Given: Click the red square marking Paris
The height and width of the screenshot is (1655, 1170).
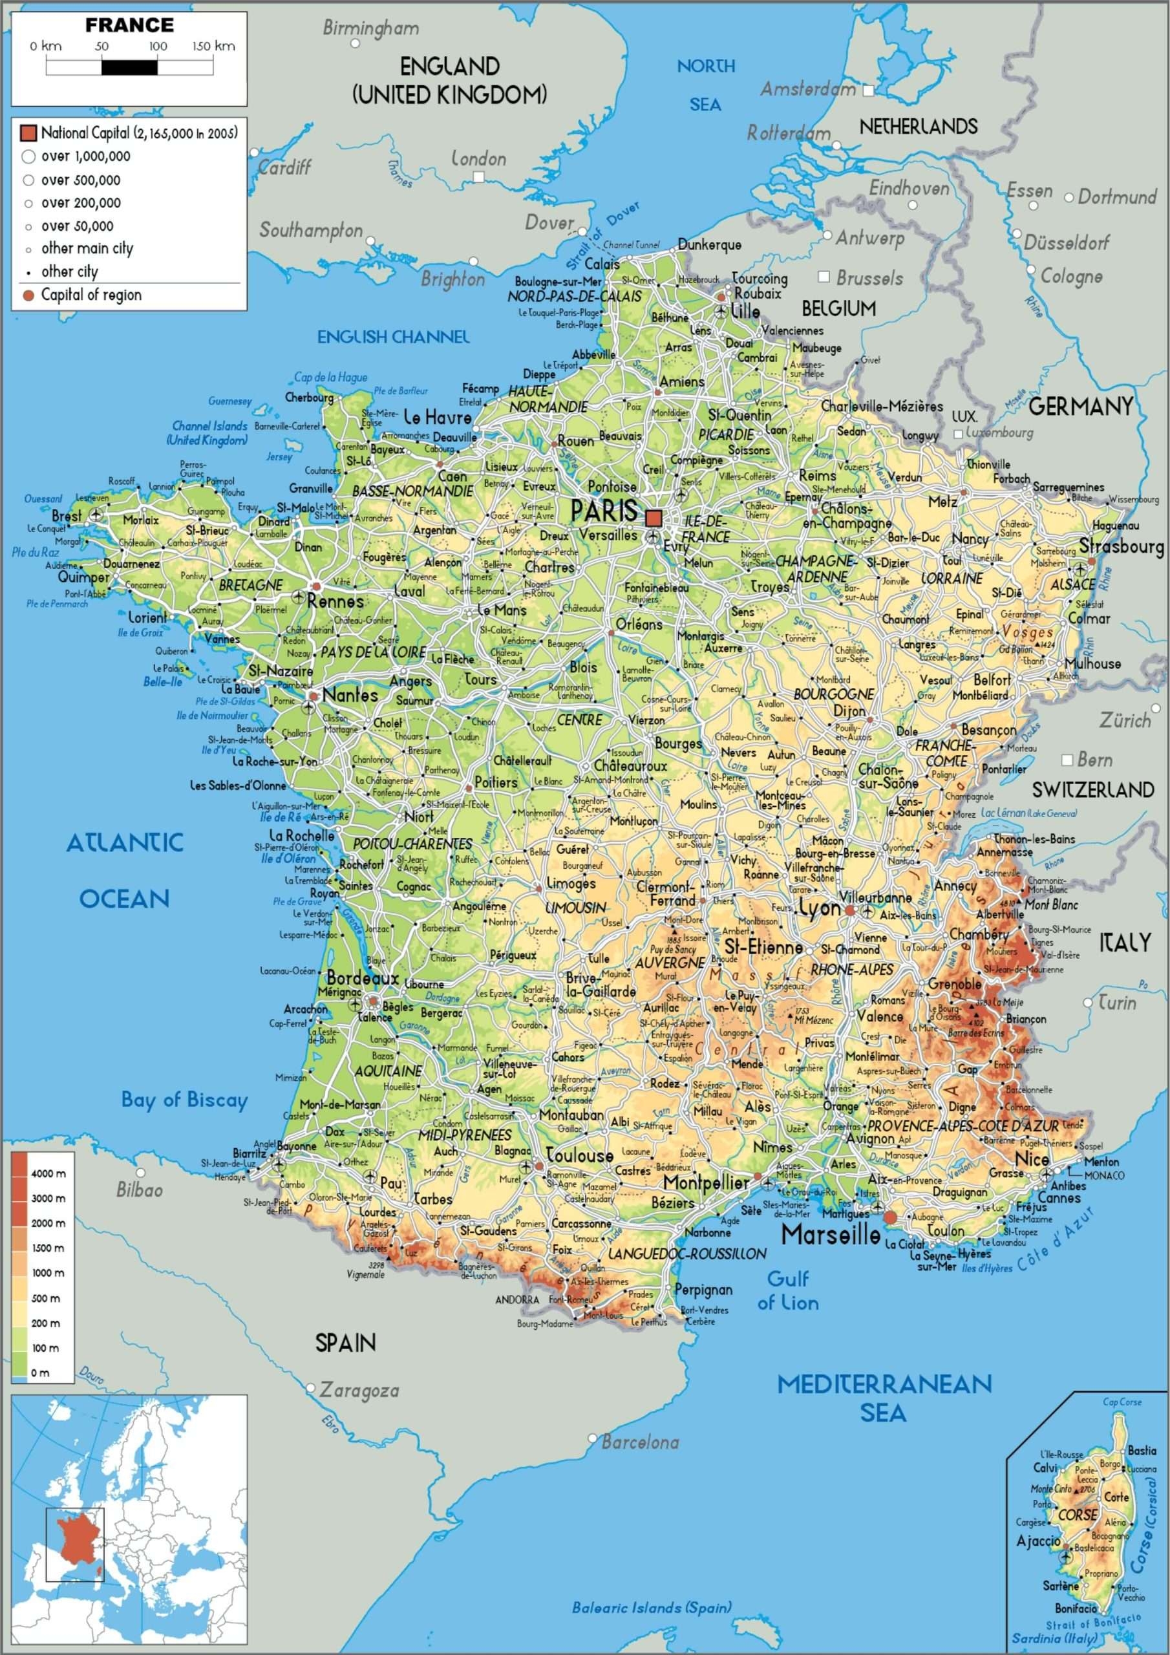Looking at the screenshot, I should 654,518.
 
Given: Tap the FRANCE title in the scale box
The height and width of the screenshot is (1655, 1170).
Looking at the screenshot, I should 129,25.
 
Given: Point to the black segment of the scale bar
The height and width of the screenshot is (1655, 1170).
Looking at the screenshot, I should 129,67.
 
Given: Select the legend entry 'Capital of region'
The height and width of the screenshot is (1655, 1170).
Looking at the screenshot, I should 91,295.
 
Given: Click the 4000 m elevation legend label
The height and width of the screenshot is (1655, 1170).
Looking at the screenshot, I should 48,1173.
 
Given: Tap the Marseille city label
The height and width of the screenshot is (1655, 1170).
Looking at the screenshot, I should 831,1235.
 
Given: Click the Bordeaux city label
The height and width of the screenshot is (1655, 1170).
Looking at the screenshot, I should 362,978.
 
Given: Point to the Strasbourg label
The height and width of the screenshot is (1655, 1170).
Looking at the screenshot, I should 1121,546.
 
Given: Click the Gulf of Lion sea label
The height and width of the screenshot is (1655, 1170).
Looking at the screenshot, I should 787,1291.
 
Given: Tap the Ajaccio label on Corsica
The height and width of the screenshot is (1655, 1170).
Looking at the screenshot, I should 1038,1541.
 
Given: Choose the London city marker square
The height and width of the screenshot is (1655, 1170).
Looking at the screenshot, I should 479,176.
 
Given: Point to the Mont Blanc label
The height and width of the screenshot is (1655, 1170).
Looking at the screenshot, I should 1051,904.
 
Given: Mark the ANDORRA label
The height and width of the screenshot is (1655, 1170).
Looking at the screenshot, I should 517,1299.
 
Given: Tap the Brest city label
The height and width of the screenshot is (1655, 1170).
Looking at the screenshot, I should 67,516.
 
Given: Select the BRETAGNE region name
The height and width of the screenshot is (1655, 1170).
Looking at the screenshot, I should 250,585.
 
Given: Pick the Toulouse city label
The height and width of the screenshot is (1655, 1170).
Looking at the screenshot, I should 579,1155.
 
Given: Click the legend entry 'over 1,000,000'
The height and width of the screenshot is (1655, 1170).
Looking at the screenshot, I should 85,156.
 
